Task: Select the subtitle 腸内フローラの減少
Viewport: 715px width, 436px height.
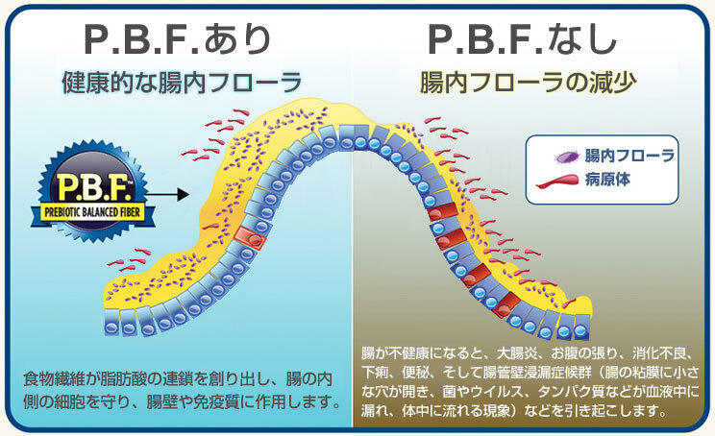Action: click(x=528, y=81)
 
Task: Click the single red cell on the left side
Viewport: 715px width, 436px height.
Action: click(x=248, y=236)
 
